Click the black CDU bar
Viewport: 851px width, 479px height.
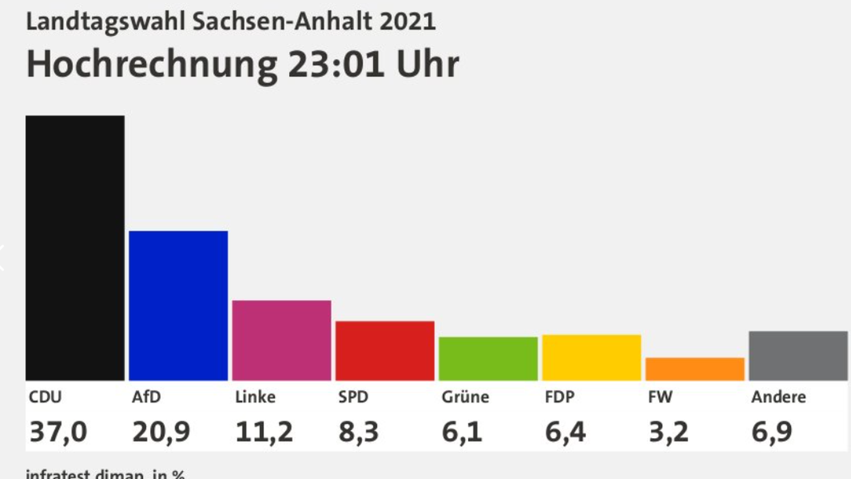click(x=75, y=248)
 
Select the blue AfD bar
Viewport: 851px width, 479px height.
click(x=178, y=305)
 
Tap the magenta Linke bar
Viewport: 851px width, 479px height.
click(x=281, y=340)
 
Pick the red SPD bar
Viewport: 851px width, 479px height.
click(x=385, y=351)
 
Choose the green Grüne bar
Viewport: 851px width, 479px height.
click(x=488, y=358)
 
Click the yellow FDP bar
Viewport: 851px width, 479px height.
click(x=591, y=357)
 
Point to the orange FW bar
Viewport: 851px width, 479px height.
click(x=695, y=369)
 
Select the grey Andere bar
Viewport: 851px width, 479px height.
click(x=798, y=356)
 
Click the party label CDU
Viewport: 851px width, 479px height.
click(x=45, y=397)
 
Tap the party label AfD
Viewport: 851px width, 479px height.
click(x=146, y=397)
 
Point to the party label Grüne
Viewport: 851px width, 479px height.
click(x=465, y=397)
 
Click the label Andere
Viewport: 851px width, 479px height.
click(x=778, y=397)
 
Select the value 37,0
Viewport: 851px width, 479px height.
click(x=58, y=431)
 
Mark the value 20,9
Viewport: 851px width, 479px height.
click(x=161, y=431)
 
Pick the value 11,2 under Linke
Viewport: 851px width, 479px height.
click(x=264, y=431)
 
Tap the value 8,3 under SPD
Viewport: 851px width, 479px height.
click(x=358, y=431)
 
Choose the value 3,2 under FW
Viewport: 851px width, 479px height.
click(x=668, y=431)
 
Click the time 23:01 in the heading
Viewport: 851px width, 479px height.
click(x=336, y=64)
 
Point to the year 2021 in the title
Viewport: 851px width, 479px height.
click(x=408, y=22)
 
